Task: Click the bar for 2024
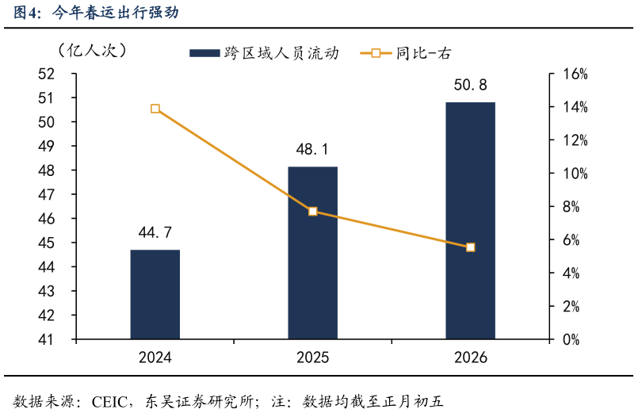(155, 294)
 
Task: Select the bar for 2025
(312, 253)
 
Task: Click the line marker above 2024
(155, 109)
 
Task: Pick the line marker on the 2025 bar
(312, 212)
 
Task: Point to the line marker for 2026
(470, 247)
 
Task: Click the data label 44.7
(155, 232)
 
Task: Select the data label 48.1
(312, 149)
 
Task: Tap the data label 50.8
(470, 85)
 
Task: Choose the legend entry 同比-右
(412, 53)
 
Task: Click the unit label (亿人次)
(91, 50)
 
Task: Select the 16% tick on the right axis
(575, 74)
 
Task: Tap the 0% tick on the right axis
(571, 339)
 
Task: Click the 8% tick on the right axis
(571, 207)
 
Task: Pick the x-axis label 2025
(312, 358)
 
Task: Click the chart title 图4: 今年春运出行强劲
(96, 13)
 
